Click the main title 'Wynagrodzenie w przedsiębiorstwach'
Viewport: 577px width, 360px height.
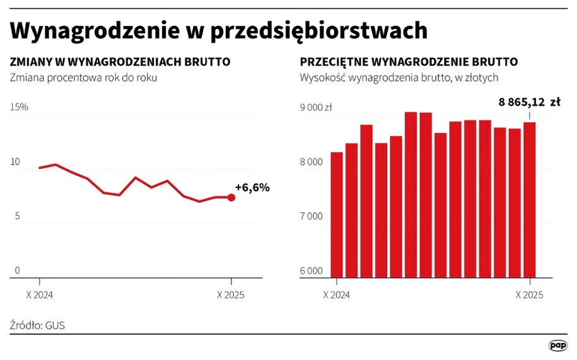coord(218,31)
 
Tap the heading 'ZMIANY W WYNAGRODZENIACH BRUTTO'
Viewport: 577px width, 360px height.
coord(120,62)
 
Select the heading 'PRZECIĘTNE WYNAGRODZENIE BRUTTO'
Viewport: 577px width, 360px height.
coord(409,62)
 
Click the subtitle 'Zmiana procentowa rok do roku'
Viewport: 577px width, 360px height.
coord(83,78)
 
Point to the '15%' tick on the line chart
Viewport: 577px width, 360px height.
coord(20,107)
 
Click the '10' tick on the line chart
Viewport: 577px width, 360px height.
coord(15,162)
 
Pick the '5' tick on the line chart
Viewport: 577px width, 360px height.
coord(17,216)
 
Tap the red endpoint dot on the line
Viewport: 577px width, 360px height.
coord(231,197)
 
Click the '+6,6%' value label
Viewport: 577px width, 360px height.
coord(252,187)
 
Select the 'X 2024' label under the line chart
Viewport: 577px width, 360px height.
coord(39,294)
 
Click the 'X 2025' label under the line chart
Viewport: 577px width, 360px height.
coord(231,294)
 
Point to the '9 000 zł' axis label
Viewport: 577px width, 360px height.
coord(316,107)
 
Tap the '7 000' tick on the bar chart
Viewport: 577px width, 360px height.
coord(312,216)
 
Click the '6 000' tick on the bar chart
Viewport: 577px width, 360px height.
coord(312,271)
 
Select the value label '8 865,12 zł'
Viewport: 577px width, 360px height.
coord(529,101)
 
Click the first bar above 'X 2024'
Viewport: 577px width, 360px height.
coord(337,214)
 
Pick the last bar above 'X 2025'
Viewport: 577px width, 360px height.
coord(530,199)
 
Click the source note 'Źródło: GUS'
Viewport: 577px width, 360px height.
coord(38,325)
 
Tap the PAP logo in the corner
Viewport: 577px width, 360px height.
coord(557,345)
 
